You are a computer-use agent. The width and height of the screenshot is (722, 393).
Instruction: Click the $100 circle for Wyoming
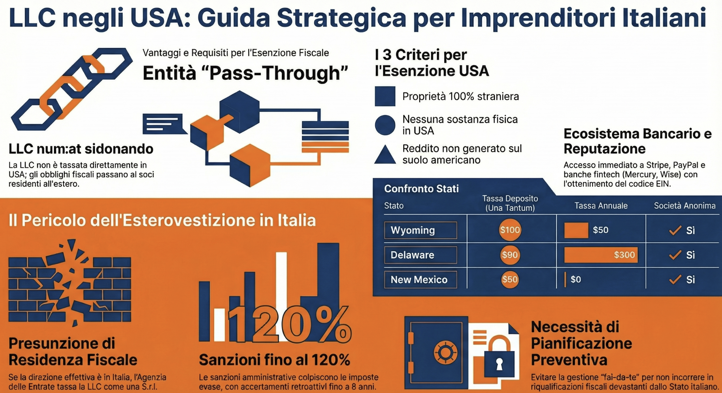point(510,230)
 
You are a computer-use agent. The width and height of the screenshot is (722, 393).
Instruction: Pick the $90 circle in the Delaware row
point(510,255)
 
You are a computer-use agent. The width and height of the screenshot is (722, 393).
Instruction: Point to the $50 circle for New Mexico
point(510,279)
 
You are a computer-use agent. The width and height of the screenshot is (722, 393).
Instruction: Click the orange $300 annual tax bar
point(601,255)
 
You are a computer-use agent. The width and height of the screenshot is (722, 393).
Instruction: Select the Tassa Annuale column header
point(601,206)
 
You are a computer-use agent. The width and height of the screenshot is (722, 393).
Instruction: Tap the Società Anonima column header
point(685,206)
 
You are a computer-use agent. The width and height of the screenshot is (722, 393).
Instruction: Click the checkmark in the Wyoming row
point(675,230)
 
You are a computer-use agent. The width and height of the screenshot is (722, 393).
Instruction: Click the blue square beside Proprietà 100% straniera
point(385,96)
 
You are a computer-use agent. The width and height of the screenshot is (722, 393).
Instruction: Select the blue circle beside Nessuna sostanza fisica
point(385,125)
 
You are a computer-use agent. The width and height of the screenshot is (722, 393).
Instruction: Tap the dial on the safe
point(446,352)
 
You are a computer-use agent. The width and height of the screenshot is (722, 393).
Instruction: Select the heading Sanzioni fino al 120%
point(274,360)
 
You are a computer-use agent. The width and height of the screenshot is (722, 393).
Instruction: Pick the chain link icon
point(72,89)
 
